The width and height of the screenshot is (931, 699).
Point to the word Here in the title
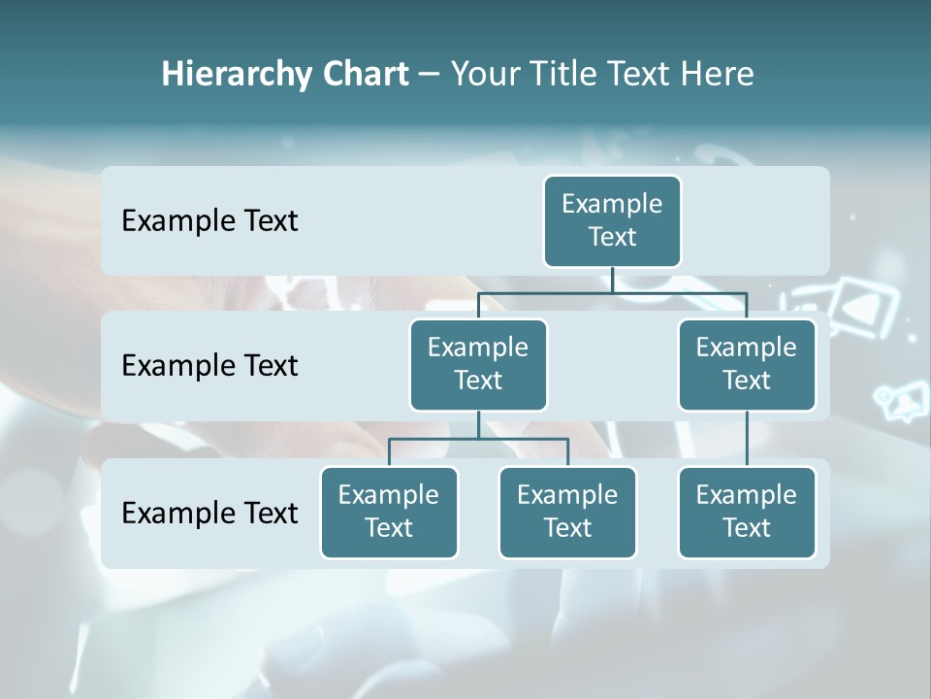pyautogui.click(x=717, y=75)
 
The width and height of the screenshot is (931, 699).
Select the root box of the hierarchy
pyautogui.click(x=612, y=221)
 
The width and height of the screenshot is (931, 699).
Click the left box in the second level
pyautogui.click(x=478, y=365)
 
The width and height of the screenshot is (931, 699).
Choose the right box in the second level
pyautogui.click(x=747, y=365)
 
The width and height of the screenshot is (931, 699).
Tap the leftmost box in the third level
pyautogui.click(x=389, y=513)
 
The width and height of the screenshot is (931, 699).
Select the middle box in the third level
pyautogui.click(x=567, y=513)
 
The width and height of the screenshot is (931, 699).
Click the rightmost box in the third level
pyautogui.click(x=747, y=513)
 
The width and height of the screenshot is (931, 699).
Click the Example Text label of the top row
pyautogui.click(x=209, y=221)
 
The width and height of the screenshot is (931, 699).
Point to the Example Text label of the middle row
pyautogui.click(x=209, y=366)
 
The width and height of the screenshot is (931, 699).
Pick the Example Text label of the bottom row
pyautogui.click(x=209, y=513)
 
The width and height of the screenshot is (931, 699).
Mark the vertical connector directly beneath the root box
pyautogui.click(x=612, y=280)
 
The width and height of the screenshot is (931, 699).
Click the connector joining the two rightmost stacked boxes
pyautogui.click(x=747, y=439)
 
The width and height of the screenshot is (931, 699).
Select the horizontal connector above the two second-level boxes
pyautogui.click(x=612, y=291)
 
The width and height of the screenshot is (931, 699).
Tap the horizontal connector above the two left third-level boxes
pyautogui.click(x=478, y=439)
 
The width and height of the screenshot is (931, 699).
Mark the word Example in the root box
pyautogui.click(x=612, y=204)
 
